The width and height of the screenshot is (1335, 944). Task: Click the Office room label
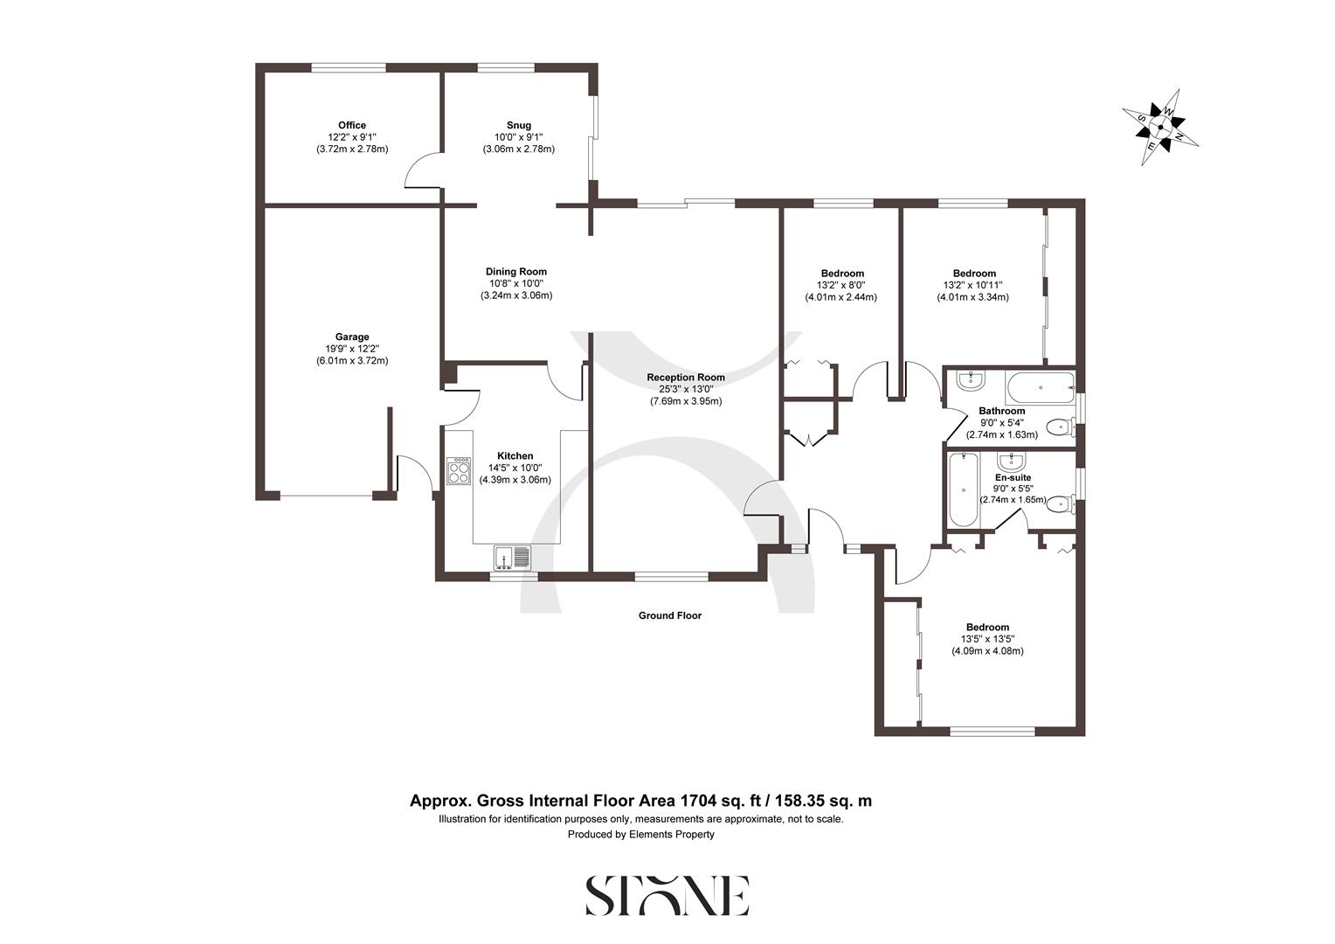pos(352,125)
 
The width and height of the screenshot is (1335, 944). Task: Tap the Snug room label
pos(518,125)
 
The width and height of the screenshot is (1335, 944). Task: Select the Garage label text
pos(352,337)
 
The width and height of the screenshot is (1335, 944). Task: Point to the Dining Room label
pos(516,271)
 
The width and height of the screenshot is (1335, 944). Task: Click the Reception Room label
pos(686,377)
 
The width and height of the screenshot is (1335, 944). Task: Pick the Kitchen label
pos(515,455)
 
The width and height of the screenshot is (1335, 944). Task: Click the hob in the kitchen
pos(459,471)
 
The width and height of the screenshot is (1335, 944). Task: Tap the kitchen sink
pos(512,557)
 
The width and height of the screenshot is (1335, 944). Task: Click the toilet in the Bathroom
pos(1060,428)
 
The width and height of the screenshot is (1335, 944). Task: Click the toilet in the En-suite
pos(1060,503)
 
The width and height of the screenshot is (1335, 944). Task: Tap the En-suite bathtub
pos(962,489)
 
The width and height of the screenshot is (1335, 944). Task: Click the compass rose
pos(1159,128)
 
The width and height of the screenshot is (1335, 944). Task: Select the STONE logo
pos(667,895)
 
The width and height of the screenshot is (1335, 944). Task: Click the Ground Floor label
pos(669,615)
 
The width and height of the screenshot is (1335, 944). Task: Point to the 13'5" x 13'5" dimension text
pos(987,639)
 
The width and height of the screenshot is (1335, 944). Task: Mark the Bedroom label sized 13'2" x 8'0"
pos(842,273)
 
